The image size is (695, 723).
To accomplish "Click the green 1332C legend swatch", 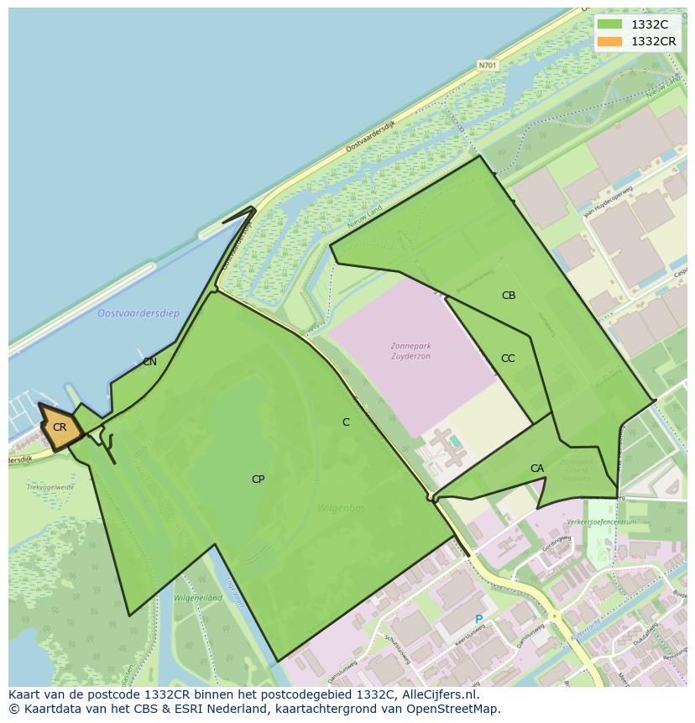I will tap(609, 24).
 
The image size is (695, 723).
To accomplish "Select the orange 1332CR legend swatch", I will tap(609, 41).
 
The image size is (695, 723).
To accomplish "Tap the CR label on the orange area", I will tap(60, 427).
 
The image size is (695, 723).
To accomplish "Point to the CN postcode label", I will tap(149, 362).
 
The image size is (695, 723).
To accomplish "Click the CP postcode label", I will tap(258, 479).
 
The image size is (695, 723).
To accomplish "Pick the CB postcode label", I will tap(509, 296).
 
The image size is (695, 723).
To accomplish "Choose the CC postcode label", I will tap(508, 359).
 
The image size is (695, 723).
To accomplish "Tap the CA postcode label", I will tap(537, 469).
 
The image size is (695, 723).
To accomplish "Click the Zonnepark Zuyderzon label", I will tap(410, 351).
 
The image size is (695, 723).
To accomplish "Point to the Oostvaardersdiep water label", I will tap(138, 313).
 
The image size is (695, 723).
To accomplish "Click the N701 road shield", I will tap(487, 65).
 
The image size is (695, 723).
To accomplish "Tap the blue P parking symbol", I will tap(479, 620).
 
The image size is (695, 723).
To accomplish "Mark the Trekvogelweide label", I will tap(50, 487).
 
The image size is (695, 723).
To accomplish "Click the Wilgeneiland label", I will tap(198, 598).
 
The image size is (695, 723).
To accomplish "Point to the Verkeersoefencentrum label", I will tap(601, 521).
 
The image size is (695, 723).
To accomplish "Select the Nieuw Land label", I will tap(363, 217).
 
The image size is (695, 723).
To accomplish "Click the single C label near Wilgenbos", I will tap(346, 422).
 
